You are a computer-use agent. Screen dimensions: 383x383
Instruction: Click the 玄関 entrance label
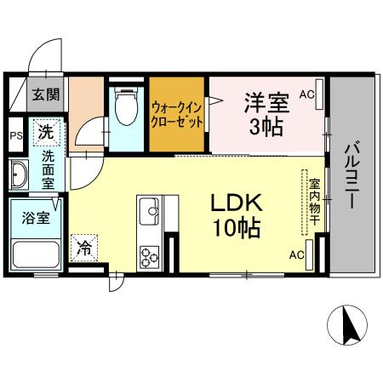tap(46, 94)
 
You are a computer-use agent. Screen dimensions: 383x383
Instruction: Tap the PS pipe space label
tap(16, 135)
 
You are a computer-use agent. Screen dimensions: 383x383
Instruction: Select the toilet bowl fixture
tap(126, 106)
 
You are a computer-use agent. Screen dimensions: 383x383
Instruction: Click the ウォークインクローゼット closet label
tap(177, 116)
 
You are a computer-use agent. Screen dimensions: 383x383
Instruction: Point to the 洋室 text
tap(266, 103)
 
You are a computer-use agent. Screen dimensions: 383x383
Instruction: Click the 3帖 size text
tap(266, 127)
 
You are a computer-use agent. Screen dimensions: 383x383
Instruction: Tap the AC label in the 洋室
tap(307, 94)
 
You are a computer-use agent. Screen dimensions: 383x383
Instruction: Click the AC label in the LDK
tap(297, 255)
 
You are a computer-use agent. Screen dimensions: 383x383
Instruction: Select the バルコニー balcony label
tap(352, 174)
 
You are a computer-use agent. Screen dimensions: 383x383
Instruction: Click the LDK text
tap(237, 203)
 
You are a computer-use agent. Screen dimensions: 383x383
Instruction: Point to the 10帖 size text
tap(237, 228)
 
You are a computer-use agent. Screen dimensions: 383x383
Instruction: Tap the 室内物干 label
tap(314, 202)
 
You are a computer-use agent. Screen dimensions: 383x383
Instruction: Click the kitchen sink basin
tap(150, 210)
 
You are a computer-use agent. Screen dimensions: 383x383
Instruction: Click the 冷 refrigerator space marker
tap(84, 248)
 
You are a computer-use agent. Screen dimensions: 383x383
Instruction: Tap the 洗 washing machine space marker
tap(47, 133)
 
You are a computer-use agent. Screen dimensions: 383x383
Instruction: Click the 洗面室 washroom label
tap(48, 169)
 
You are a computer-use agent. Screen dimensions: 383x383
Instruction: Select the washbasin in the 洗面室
tap(19, 175)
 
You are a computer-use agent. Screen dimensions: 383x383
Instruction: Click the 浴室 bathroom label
tap(36, 218)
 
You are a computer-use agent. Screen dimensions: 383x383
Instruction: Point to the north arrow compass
tap(347, 325)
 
